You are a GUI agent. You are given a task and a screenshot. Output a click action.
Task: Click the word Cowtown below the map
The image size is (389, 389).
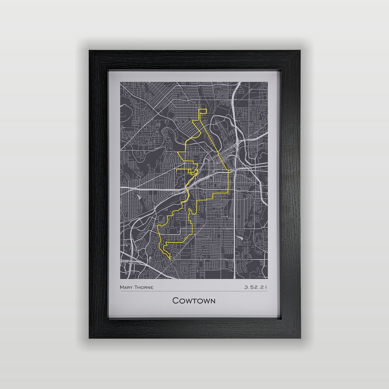[x=194, y=300]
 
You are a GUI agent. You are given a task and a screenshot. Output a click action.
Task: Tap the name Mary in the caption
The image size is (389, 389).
[x=126, y=287]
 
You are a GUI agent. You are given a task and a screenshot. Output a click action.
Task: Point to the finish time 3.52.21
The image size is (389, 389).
[x=255, y=287]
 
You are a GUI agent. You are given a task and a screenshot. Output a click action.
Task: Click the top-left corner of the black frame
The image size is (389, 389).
[x=90, y=51]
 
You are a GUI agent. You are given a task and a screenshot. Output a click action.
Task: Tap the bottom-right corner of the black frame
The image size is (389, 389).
[x=300, y=337]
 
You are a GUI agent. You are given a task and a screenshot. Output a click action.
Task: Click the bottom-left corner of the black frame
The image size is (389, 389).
[x=90, y=337]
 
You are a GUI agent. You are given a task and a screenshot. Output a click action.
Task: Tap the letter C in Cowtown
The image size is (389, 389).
[x=175, y=300]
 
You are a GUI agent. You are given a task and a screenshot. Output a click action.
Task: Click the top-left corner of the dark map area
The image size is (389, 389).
[x=121, y=82]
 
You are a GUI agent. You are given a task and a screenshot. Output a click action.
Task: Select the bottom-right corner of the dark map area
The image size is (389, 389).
[x=267, y=278]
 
